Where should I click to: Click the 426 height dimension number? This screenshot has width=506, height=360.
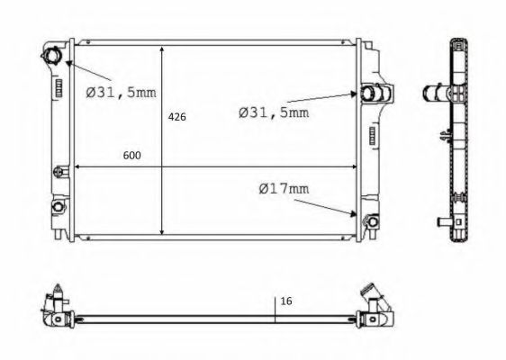pos(176,118)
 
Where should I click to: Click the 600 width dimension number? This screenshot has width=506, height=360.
pos(131,156)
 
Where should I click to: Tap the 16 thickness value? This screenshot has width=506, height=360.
pos(287,301)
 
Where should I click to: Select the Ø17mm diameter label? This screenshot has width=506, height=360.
pos(283,189)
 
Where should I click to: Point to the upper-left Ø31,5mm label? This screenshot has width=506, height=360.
pos(122,91)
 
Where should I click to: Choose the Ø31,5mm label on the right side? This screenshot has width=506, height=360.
pos(273,112)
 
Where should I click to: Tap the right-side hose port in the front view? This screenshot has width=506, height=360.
pos(371,94)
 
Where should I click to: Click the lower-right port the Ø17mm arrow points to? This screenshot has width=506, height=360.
pos(367,220)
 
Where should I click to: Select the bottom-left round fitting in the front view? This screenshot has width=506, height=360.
pos(58,207)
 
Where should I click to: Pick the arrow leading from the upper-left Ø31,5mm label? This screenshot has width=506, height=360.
pos(87,70)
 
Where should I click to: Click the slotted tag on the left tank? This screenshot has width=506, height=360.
pos(58,88)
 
